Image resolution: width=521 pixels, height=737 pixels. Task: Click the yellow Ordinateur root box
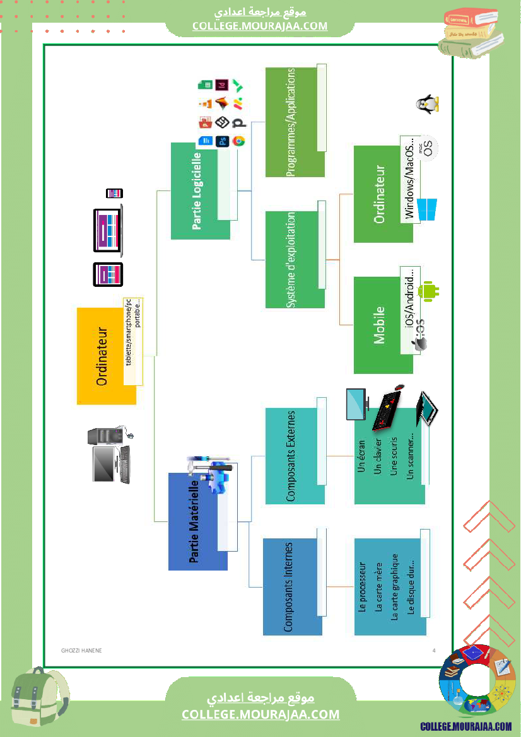pos(106,356)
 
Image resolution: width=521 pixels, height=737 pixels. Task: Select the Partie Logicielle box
pos(200,191)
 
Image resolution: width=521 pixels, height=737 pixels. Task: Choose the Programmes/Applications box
pos(295,122)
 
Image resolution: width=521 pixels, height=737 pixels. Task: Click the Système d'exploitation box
pos(295,259)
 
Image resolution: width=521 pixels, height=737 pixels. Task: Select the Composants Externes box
pos(295,456)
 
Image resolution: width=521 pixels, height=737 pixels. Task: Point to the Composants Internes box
pos(292,586)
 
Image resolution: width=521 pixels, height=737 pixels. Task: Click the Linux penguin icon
pos(428,104)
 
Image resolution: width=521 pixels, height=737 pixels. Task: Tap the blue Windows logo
pos(427,209)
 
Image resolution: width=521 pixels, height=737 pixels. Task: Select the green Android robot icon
pos(431,290)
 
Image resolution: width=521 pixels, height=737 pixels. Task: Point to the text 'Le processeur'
pos(362,587)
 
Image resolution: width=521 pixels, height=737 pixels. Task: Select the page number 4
pos(434,650)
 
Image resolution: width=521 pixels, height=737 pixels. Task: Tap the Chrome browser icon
pos(238,141)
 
